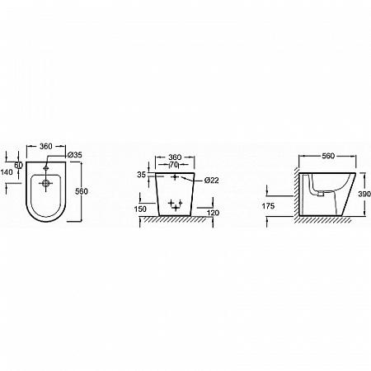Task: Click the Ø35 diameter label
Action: pos(75,155)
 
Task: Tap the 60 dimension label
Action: pos(18,166)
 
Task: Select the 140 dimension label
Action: pos(7,172)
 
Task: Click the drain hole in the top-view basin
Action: pos(46,183)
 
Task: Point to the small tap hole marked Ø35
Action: pos(46,167)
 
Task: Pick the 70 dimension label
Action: pos(174,165)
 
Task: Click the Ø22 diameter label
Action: pos(212,181)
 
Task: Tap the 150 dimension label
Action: pos(140,209)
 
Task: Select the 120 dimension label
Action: pos(213,213)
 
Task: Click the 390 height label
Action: pos(364,194)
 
